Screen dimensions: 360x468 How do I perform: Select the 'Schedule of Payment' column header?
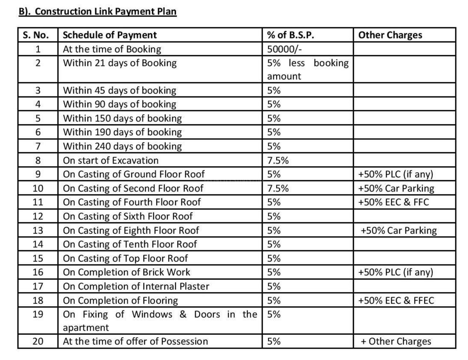coord(110,35)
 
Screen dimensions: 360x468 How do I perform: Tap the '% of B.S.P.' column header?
coord(290,35)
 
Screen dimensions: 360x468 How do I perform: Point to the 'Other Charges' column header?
coord(390,35)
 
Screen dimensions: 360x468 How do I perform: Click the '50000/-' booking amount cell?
coord(284,49)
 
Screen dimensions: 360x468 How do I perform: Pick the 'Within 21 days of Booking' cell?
coord(120,63)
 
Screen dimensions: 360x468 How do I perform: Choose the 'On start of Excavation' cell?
coord(111,160)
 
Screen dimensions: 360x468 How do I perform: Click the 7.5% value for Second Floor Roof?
coord(277,188)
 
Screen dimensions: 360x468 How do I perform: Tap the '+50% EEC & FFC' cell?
coord(393,202)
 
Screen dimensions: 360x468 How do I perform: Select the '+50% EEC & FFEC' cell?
coord(396,300)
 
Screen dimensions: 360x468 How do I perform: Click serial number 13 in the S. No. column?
coord(38,230)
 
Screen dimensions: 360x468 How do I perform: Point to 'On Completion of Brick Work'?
coord(126,272)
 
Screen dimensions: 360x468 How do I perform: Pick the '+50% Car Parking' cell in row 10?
coord(396,188)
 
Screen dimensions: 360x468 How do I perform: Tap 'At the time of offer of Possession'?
coord(135,341)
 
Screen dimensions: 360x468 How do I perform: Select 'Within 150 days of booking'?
coord(122,118)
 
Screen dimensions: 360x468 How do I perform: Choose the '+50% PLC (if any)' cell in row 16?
coord(396,272)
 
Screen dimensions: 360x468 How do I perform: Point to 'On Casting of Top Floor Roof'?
coord(125,258)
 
